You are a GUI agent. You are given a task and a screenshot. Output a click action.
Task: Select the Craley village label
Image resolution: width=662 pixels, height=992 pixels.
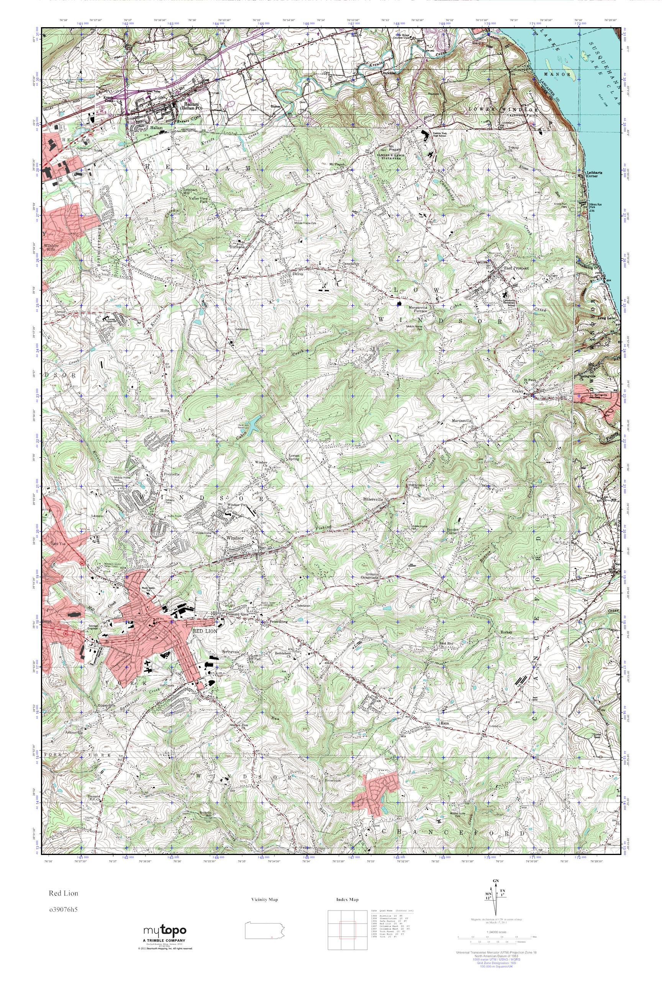click(x=518, y=392)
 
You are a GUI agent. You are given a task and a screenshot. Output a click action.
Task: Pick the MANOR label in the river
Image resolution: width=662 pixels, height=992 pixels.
click(x=564, y=75)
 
